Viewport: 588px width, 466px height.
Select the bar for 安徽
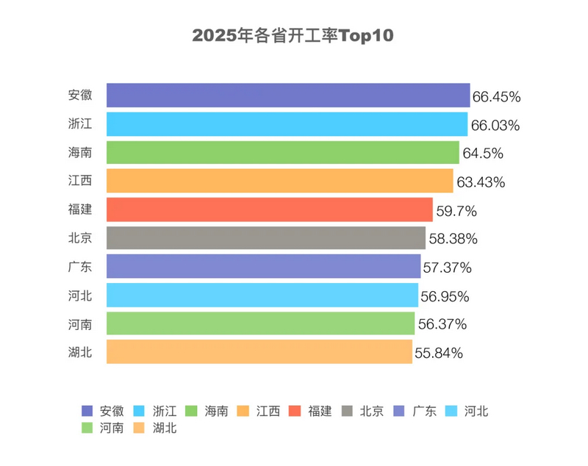pos(288,96)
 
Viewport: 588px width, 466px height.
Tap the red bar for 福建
pos(270,210)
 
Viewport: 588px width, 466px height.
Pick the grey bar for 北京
pos(266,238)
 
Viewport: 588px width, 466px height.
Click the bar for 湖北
pos(259,352)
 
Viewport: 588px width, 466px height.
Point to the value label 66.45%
pos(497,96)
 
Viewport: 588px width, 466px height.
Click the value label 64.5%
pos(482,154)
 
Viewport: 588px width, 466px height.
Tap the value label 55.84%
pos(439,353)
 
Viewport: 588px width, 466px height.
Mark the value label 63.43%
pos(480,182)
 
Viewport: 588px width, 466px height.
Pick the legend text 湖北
pos(165,428)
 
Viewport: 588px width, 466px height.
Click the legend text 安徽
pos(111,412)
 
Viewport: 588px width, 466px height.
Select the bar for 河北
pos(262,295)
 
